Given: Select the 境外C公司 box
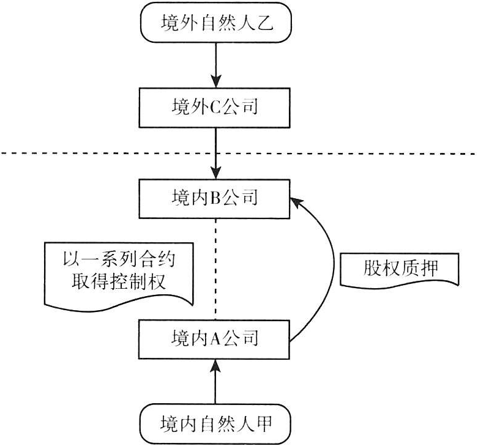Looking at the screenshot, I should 215,108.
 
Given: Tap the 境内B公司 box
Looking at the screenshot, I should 215,198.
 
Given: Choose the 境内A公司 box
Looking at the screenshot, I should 215,338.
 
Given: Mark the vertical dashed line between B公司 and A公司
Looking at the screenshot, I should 215,269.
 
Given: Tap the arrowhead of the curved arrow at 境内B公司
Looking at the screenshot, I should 296,200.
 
